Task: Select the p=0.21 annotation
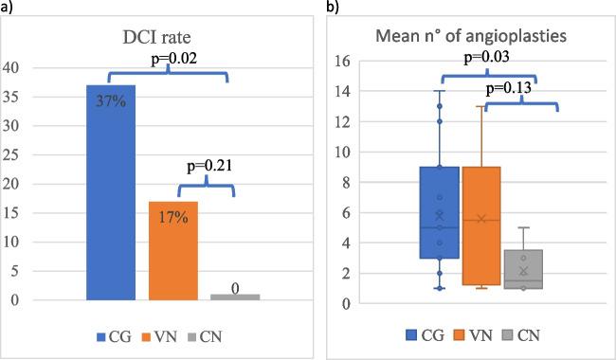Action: tap(209, 168)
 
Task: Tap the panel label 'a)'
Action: tap(8, 8)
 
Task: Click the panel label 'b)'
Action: tap(333, 8)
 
